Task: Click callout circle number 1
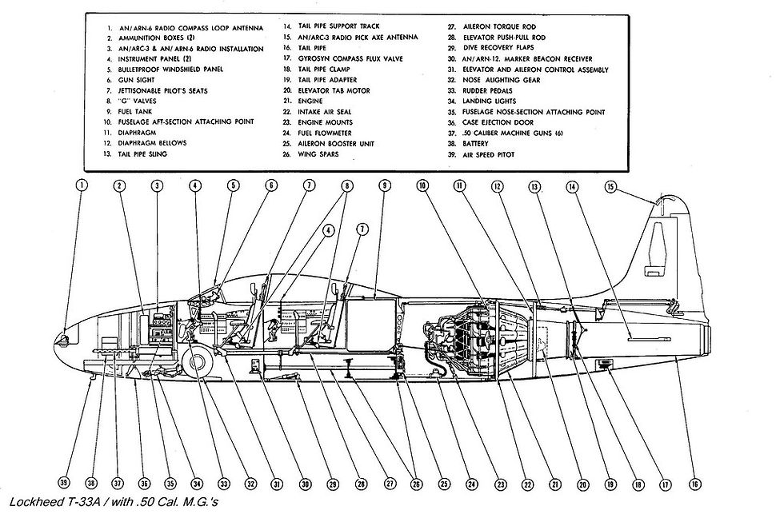click(83, 185)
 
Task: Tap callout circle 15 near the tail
click(610, 187)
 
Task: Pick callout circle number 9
click(385, 185)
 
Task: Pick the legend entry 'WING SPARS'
click(318, 154)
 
